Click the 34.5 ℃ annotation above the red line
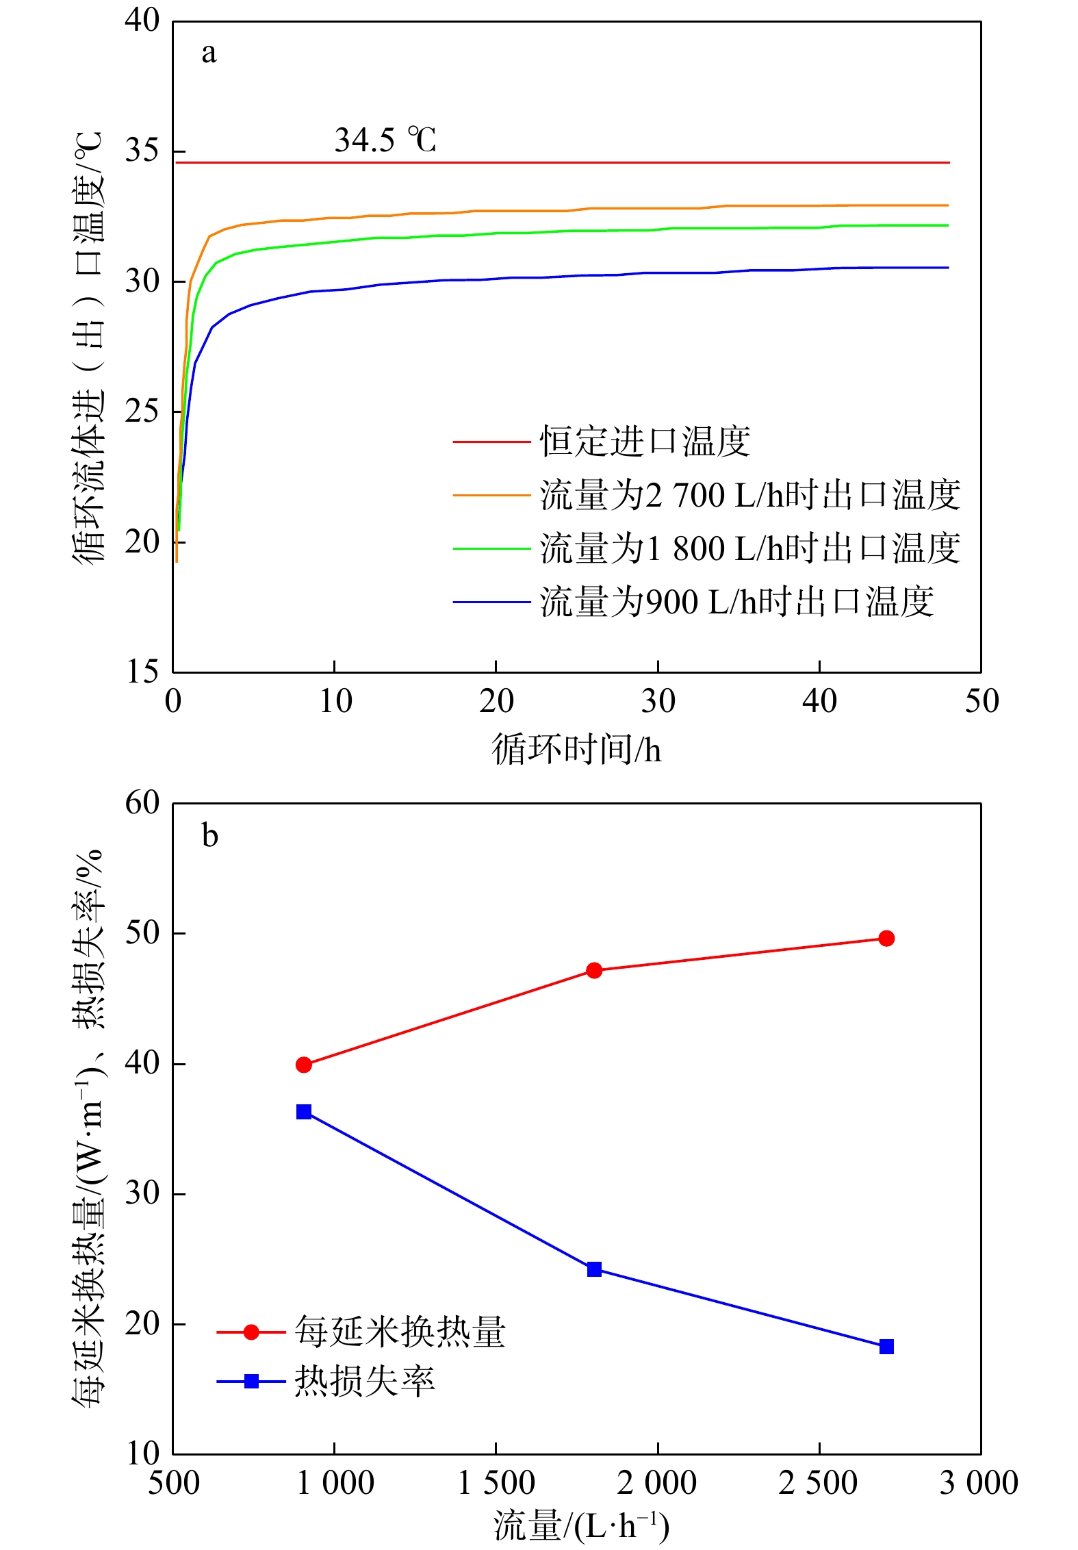(385, 140)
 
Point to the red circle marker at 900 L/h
(304, 1065)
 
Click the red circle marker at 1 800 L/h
(594, 970)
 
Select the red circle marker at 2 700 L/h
(886, 938)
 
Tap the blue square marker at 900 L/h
(304, 1112)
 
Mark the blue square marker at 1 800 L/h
(594, 1269)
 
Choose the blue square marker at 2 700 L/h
(886, 1347)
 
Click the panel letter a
(209, 53)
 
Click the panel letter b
(209, 836)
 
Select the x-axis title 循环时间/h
(576, 749)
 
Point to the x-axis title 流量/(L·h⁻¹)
(580, 1527)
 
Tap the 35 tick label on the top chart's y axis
(142, 151)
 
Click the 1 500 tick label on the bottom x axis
(496, 1483)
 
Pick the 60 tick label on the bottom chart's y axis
(142, 802)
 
